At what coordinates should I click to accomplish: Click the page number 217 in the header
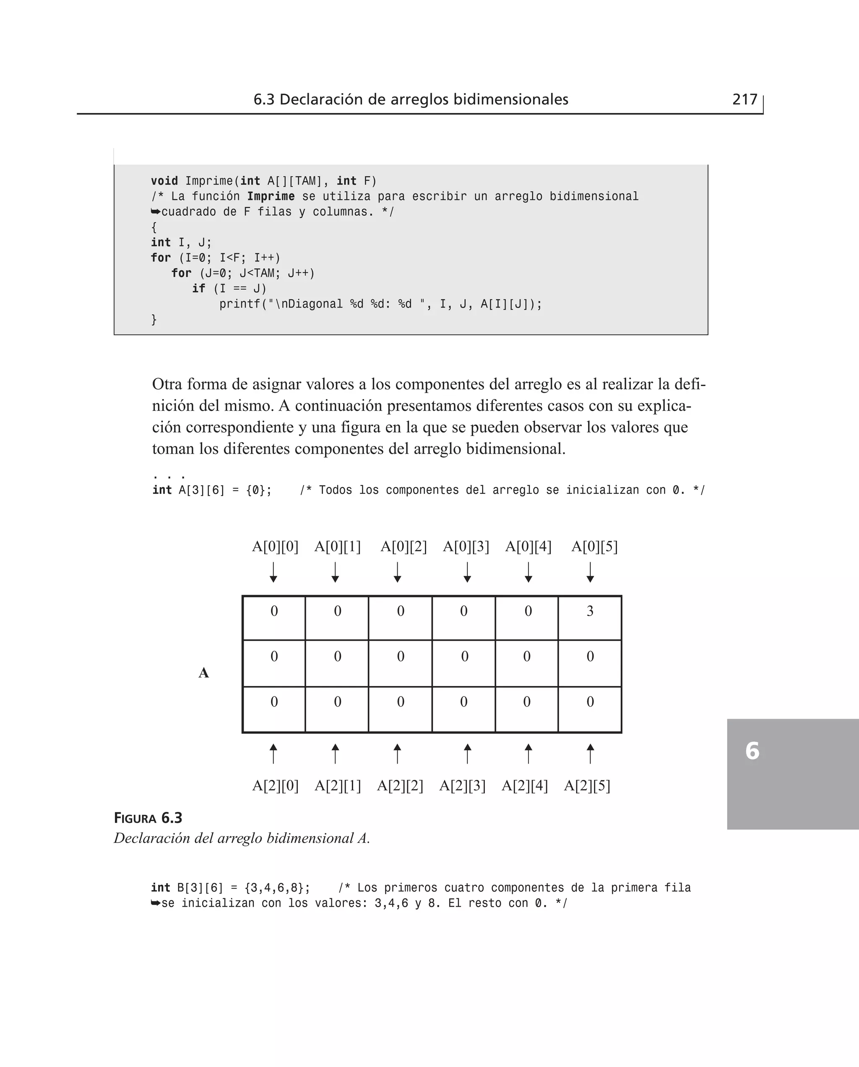tap(744, 99)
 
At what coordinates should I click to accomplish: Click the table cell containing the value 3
tap(590, 617)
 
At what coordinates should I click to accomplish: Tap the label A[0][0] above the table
tap(275, 547)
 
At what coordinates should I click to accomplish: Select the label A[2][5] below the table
tap(587, 786)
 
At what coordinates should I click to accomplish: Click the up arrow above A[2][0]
tap(273, 754)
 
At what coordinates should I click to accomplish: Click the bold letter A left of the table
tap(203, 673)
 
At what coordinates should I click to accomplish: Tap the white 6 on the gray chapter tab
tap(752, 751)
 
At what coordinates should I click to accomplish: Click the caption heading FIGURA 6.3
tap(148, 818)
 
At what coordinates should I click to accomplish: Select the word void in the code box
tap(164, 181)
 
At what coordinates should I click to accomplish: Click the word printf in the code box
tap(239, 304)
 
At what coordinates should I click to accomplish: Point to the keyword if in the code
tap(198, 289)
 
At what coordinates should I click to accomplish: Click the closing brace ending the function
tap(154, 320)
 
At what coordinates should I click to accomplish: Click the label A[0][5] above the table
tap(594, 547)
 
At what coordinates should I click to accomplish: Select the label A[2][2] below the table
tap(400, 786)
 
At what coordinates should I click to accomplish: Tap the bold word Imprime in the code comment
tap(271, 196)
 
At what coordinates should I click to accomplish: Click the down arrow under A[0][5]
tap(590, 573)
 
